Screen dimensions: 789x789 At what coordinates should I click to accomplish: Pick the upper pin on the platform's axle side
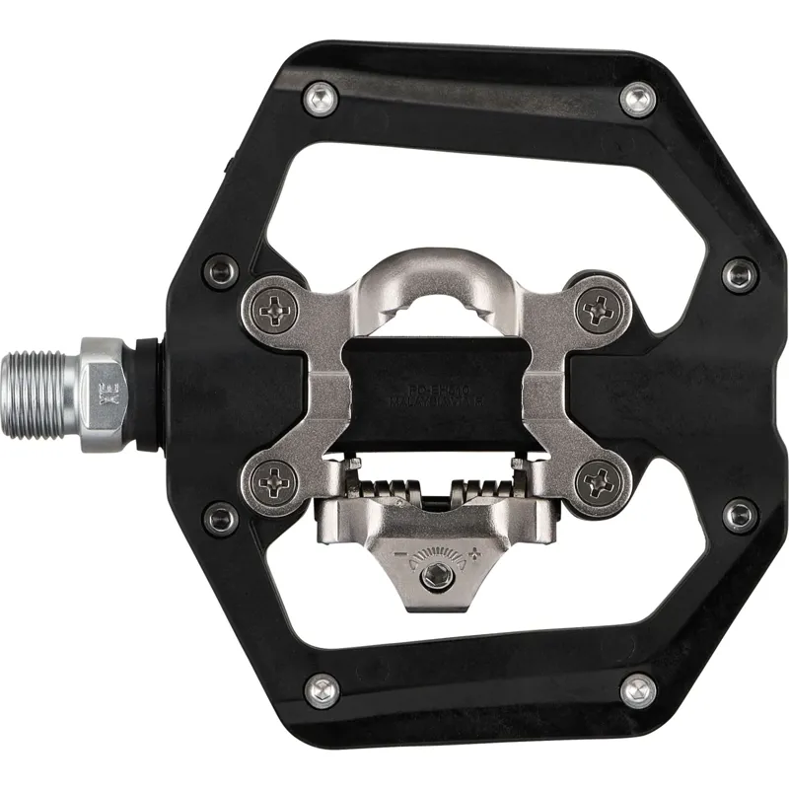pos(214,273)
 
